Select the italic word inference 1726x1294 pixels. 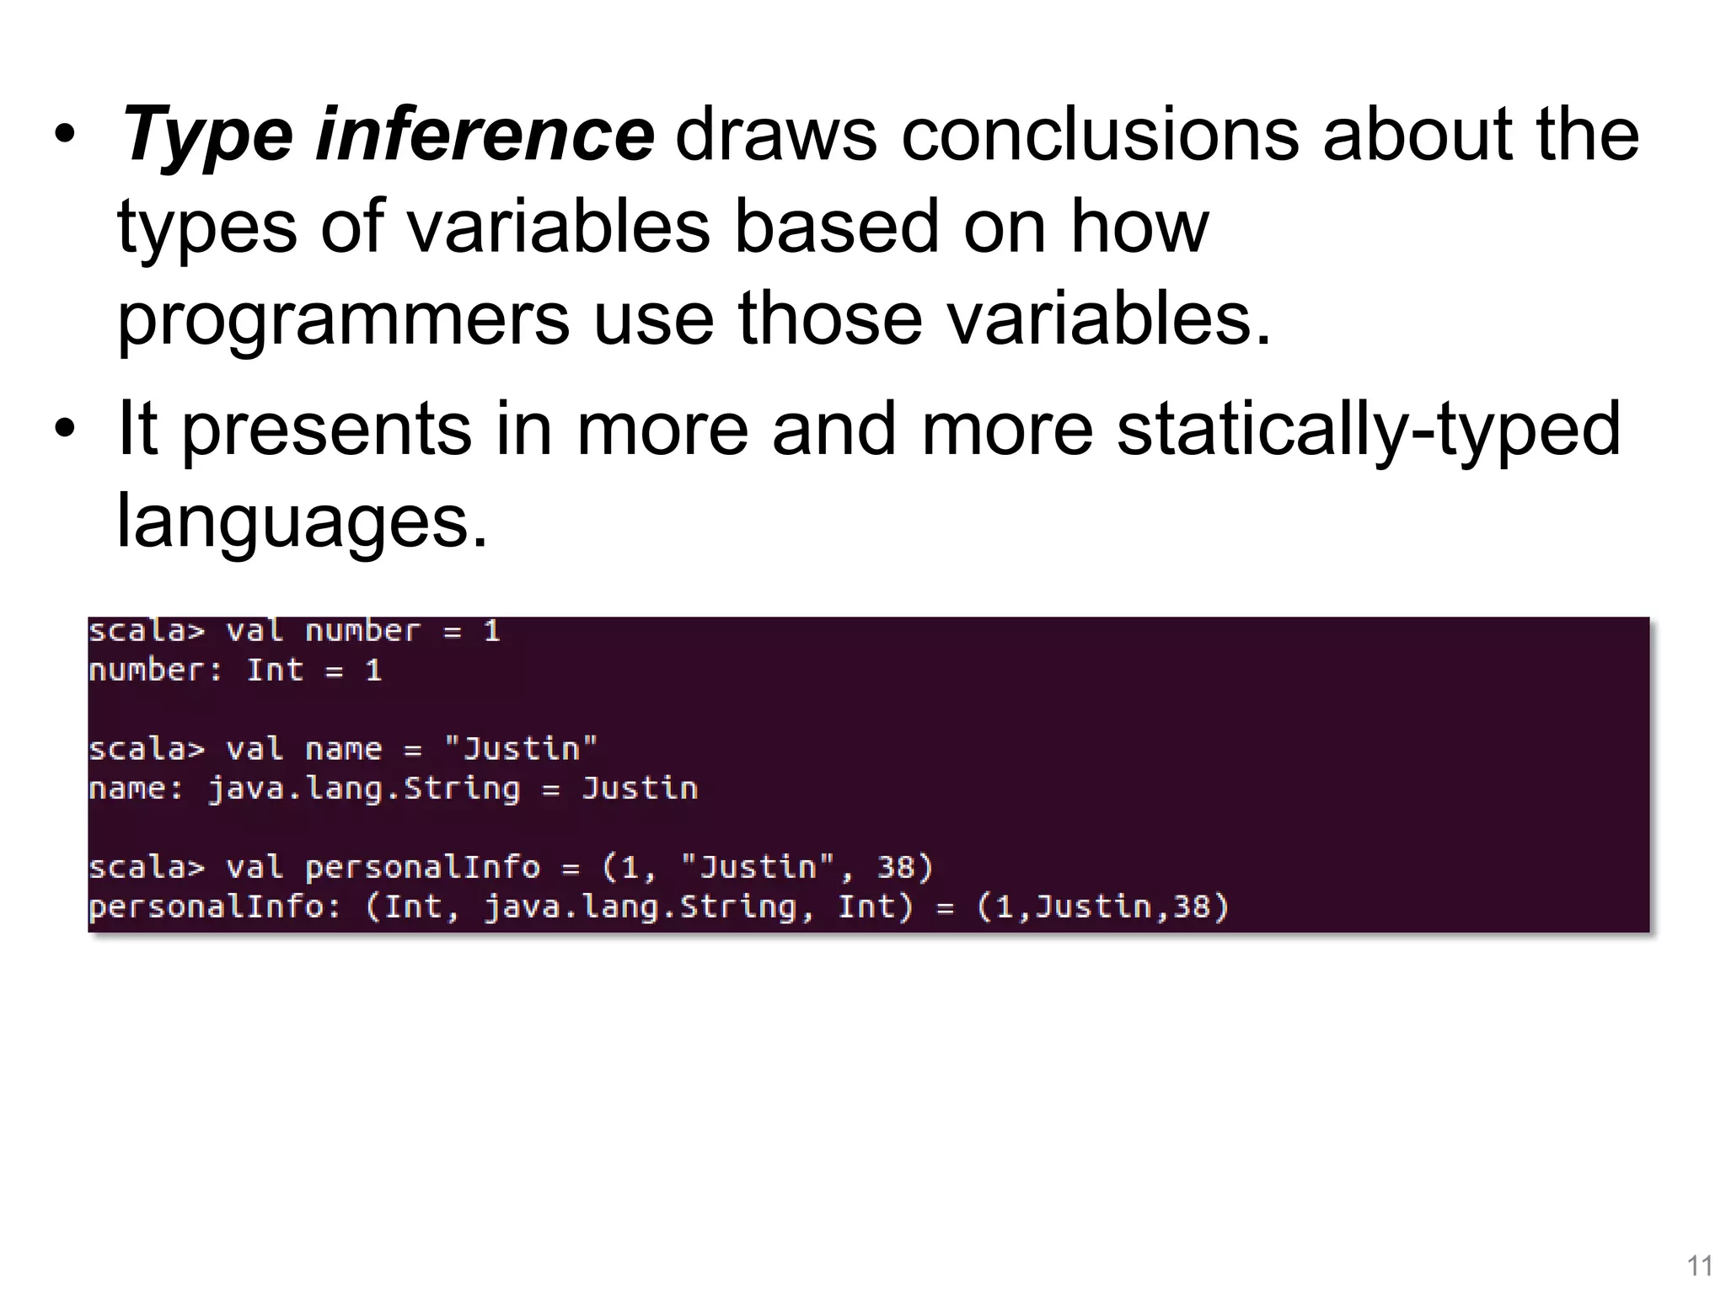pos(485,135)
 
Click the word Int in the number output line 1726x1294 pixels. pos(275,671)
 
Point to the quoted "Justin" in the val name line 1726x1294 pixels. pos(521,748)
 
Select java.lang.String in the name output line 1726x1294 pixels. pos(364,789)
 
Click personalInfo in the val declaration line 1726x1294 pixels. pos(422,867)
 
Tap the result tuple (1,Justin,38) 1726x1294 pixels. pos(1102,906)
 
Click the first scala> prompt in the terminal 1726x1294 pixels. pos(147,631)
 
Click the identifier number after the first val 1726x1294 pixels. pos(362,631)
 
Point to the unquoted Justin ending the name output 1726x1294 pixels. pos(640,789)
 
